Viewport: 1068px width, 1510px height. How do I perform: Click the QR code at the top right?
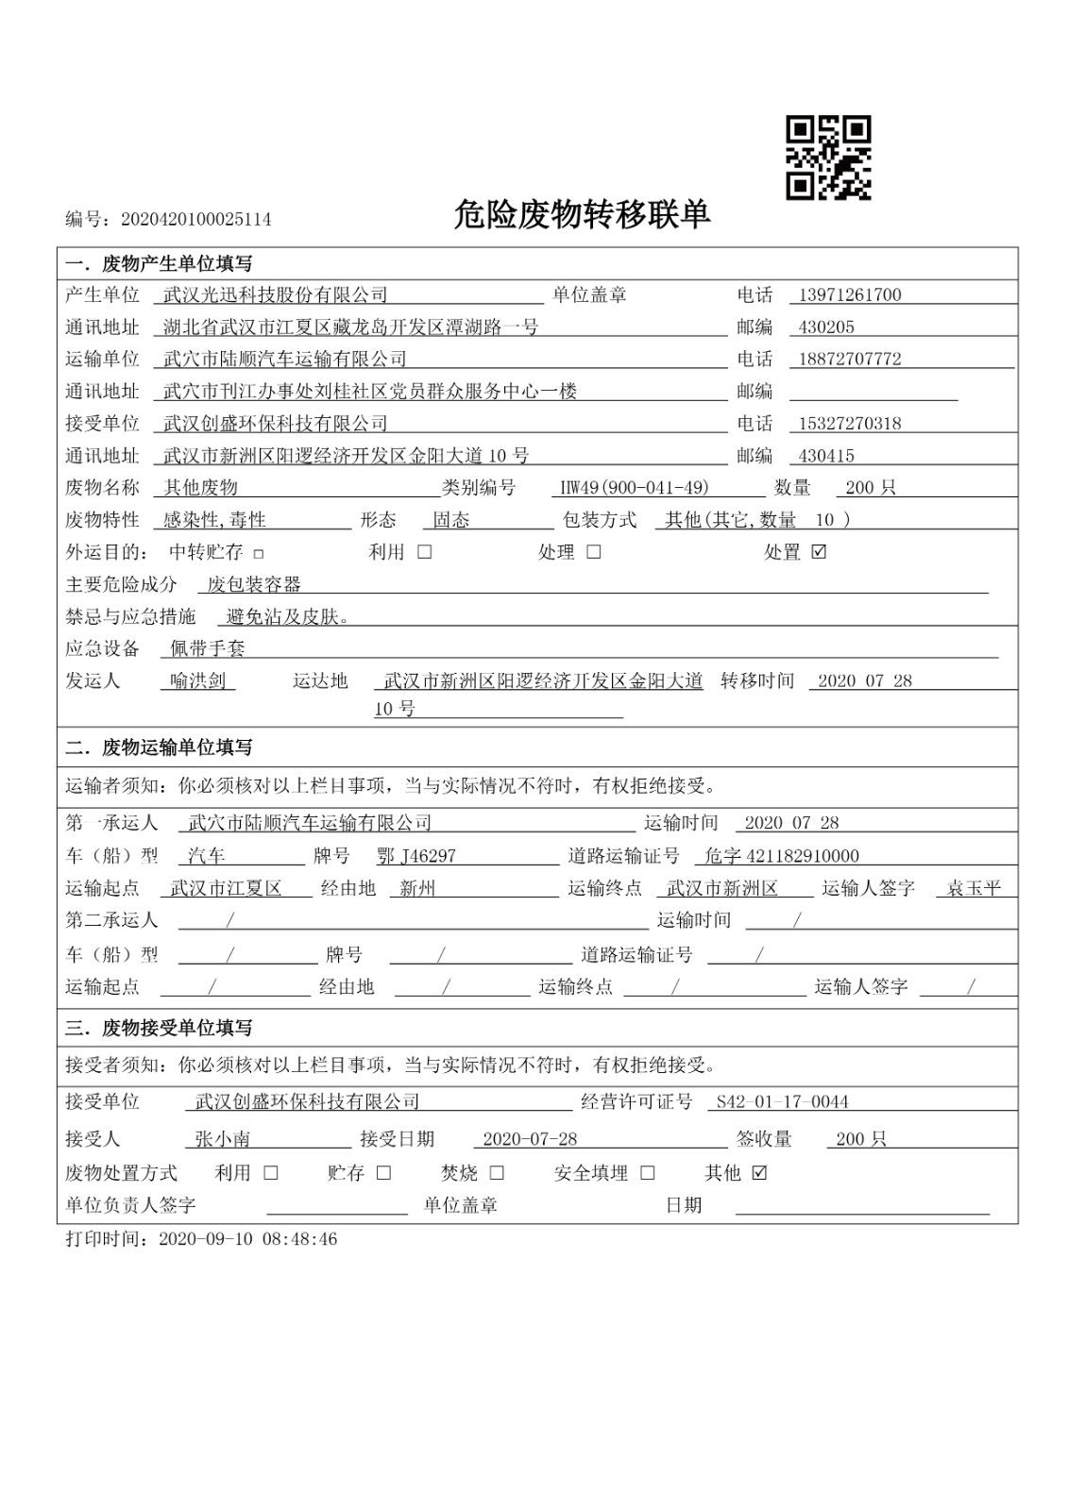click(828, 158)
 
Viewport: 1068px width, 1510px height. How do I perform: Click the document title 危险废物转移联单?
click(581, 215)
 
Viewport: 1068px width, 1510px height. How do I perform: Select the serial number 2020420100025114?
click(195, 220)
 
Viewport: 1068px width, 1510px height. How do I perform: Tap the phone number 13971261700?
click(849, 294)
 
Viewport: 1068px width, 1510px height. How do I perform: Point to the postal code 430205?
click(826, 327)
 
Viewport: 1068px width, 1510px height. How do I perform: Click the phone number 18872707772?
click(849, 360)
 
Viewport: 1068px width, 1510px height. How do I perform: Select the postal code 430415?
click(826, 456)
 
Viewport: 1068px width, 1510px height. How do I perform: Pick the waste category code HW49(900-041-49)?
click(634, 488)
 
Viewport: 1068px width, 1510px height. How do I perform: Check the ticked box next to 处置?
click(819, 552)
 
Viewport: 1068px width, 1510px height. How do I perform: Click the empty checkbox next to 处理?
click(593, 552)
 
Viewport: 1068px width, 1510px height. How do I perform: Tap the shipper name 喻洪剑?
click(197, 680)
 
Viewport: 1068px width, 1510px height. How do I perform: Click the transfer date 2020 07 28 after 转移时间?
click(864, 680)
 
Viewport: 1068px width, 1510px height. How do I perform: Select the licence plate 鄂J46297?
click(415, 856)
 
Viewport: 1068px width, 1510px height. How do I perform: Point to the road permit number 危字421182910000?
click(782, 856)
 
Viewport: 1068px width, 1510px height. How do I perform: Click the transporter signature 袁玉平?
click(974, 888)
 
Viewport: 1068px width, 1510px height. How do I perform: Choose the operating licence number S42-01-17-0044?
click(782, 1101)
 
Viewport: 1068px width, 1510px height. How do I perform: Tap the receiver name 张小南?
click(222, 1139)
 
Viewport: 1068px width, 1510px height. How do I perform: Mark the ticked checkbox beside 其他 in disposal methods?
click(759, 1173)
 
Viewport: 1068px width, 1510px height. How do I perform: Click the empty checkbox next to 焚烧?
click(497, 1173)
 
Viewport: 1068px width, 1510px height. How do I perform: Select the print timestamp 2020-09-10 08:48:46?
click(247, 1239)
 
